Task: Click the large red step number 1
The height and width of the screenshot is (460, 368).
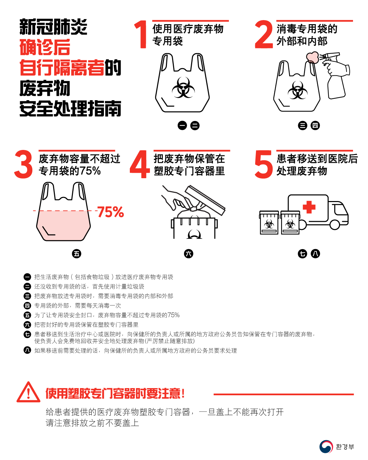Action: pyautogui.click(x=141, y=34)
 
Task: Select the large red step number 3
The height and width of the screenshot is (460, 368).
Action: pyautogui.click(x=24, y=164)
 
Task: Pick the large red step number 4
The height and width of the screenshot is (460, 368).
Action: pyautogui.click(x=140, y=164)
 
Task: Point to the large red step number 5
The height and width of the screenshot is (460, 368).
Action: pyautogui.click(x=264, y=164)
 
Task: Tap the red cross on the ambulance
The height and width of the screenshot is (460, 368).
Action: pyautogui.click(x=309, y=207)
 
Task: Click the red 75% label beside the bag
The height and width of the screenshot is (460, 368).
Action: pyautogui.click(x=110, y=212)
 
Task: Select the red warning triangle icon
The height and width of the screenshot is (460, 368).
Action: pyautogui.click(x=28, y=393)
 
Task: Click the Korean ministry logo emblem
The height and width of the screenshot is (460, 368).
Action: pyautogui.click(x=326, y=446)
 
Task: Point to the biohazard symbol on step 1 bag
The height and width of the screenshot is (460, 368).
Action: pyautogui.click(x=183, y=88)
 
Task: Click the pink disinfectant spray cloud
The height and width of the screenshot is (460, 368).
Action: pyautogui.click(x=312, y=57)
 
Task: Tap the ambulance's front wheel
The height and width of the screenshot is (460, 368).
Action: pyautogui.click(x=335, y=225)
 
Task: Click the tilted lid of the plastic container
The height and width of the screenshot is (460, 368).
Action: pyautogui.click(x=205, y=200)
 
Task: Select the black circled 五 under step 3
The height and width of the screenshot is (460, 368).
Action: pyautogui.click(x=77, y=254)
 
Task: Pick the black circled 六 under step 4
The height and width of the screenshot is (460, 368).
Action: pyautogui.click(x=188, y=254)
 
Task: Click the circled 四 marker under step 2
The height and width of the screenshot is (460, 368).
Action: pyautogui.click(x=315, y=125)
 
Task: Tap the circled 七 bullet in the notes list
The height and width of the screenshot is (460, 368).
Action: pyautogui.click(x=27, y=334)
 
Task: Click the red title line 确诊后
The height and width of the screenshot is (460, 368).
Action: pyautogui.click(x=45, y=47)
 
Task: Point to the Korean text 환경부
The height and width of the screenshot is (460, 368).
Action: pyautogui.click(x=345, y=447)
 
